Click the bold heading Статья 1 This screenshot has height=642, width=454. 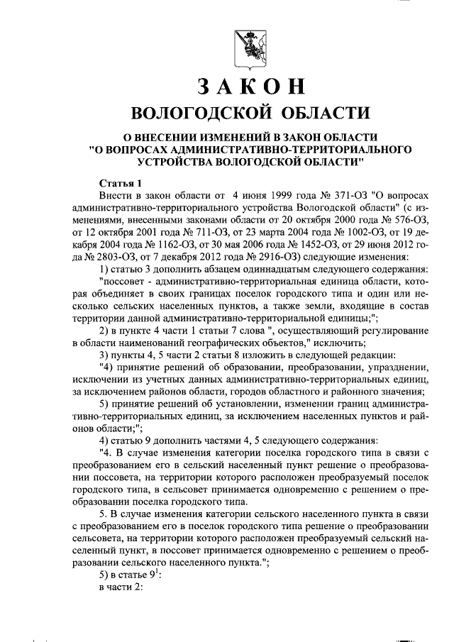(x=121, y=182)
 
